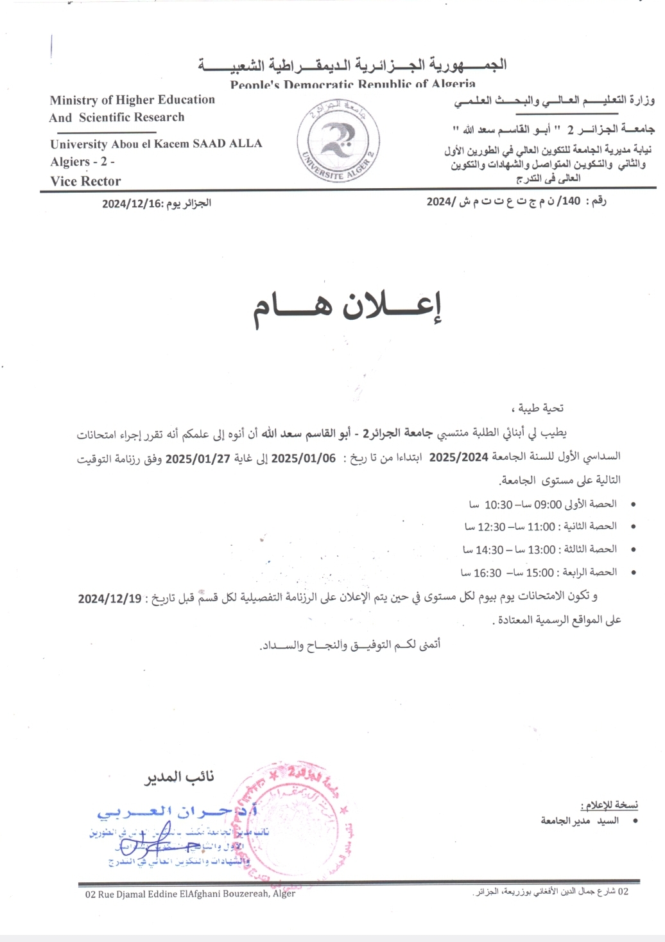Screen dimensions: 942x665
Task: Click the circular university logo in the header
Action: (338, 141)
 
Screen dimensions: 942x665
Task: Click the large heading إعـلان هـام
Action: (347, 309)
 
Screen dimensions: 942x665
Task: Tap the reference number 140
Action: (571, 202)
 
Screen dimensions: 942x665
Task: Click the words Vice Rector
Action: (85, 181)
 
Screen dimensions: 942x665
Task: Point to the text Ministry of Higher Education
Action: (132, 100)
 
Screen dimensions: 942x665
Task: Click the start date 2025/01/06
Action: (303, 458)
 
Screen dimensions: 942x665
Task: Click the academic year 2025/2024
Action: (458, 457)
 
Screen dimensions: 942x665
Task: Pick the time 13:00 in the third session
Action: (541, 550)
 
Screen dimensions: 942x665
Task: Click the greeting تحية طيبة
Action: (540, 408)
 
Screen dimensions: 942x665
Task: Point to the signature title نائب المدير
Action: (179, 777)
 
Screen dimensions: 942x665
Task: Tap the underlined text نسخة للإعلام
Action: (609, 805)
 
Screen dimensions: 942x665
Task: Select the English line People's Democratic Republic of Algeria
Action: (353, 84)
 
